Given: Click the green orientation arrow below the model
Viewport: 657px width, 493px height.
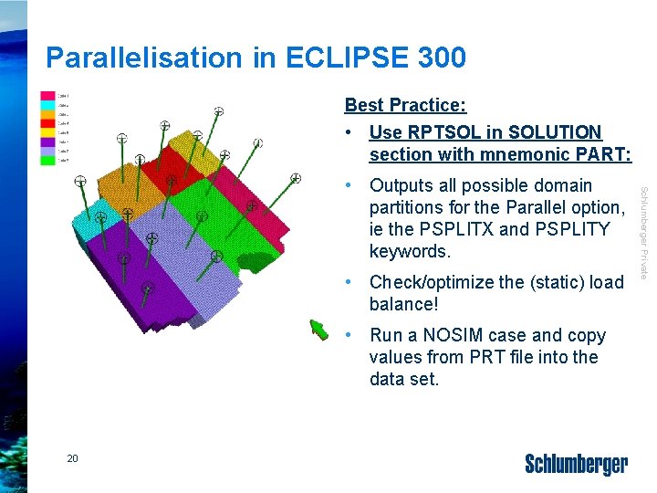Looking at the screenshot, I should click(x=318, y=328).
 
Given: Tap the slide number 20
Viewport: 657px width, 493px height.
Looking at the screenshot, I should click(x=72, y=458).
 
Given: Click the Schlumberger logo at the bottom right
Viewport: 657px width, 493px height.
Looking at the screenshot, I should click(x=576, y=465).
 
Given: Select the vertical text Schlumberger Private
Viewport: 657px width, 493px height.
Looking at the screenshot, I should click(x=642, y=233).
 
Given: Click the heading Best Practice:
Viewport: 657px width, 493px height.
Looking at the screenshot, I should click(x=405, y=106).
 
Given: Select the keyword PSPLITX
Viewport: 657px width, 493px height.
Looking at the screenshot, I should click(x=489, y=229).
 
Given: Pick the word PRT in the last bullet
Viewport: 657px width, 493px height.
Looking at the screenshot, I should click(x=482, y=357).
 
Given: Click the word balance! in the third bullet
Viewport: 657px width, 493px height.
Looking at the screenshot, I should click(x=401, y=304).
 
